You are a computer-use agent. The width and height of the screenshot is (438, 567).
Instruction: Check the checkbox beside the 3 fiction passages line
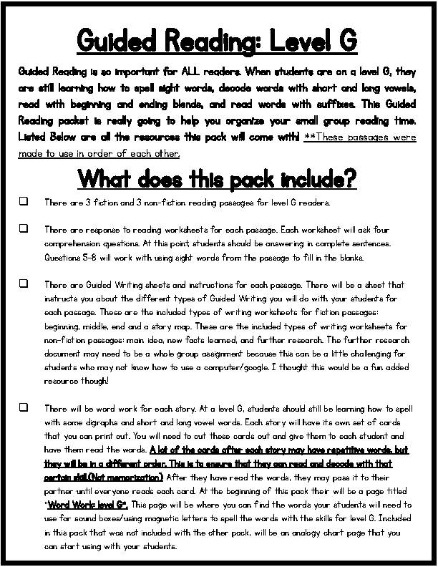[x=24, y=202]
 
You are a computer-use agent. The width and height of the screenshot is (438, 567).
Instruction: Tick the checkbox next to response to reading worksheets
[x=24, y=228]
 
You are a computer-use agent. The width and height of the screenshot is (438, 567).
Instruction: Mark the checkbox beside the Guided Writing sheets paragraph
[x=24, y=283]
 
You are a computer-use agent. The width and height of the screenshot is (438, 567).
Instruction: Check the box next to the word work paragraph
[x=24, y=407]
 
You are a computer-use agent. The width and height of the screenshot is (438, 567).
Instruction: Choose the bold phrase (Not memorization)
[x=130, y=478]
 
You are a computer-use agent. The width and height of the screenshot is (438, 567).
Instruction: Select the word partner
[x=61, y=491]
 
